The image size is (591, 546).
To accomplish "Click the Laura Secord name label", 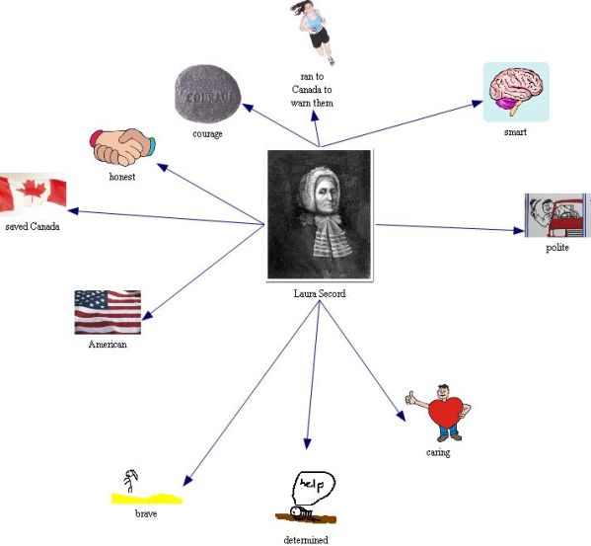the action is [320, 293].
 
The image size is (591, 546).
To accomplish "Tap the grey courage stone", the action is [207, 94].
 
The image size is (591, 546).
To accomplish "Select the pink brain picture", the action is [516, 92].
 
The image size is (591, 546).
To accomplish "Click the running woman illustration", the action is [314, 32].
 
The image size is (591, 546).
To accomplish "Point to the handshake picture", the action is [122, 147].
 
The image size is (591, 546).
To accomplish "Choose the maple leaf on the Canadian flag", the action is [32, 191].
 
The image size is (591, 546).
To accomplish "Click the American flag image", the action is [108, 312].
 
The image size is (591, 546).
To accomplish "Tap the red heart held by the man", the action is [446, 413].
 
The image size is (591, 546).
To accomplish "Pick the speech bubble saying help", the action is [314, 488].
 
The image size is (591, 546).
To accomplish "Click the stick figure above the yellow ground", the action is [130, 481].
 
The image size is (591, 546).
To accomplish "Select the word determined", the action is [306, 540].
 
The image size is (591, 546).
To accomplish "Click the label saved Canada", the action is [33, 226].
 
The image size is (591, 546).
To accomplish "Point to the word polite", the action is [557, 248].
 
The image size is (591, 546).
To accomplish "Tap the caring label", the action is [438, 452].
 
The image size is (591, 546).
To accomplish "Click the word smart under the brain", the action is [515, 132].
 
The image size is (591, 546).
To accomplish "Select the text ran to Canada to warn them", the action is [312, 90].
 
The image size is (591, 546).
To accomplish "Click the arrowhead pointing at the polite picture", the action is [519, 230].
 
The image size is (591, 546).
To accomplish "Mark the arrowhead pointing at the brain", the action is [478, 103].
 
